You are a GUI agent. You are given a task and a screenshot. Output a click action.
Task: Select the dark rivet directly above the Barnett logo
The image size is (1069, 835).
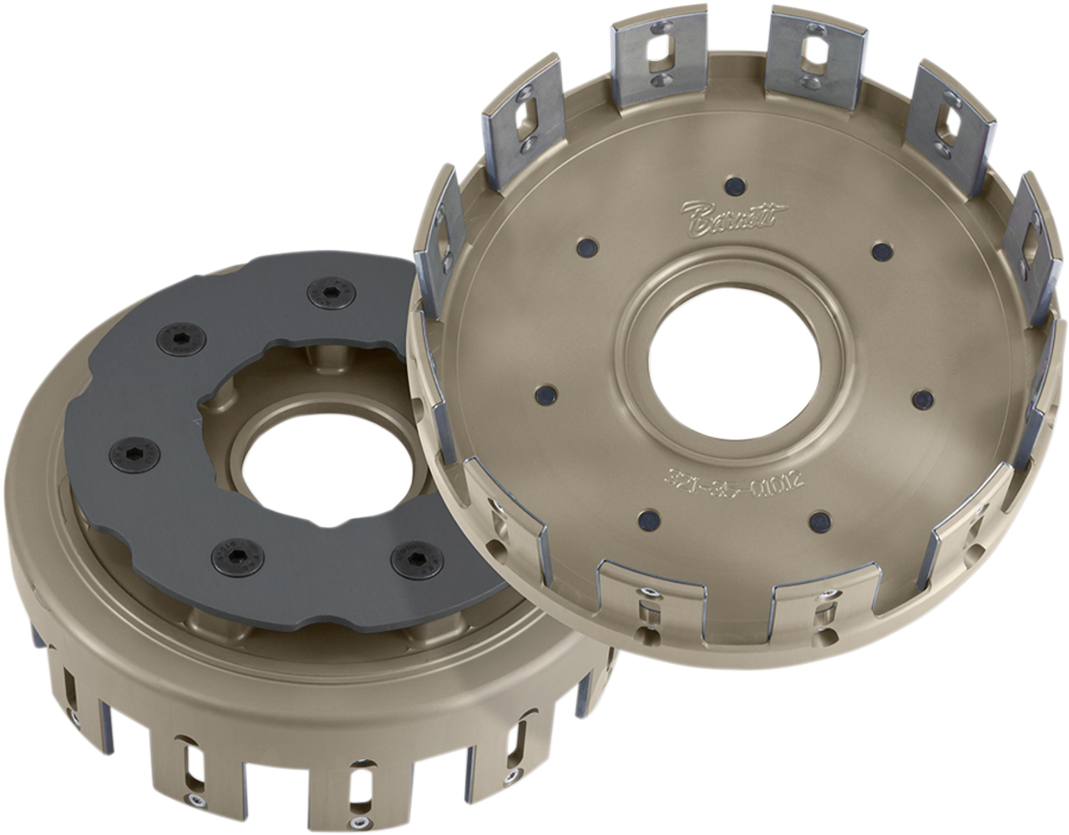point(736,185)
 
